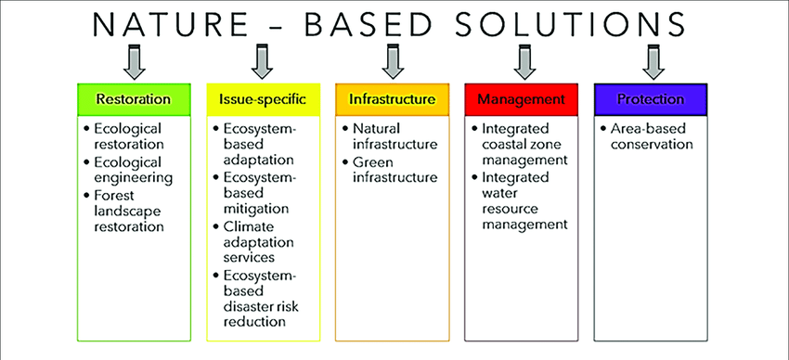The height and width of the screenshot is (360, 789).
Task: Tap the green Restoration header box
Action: [134, 99]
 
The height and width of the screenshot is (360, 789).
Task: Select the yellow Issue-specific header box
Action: [263, 99]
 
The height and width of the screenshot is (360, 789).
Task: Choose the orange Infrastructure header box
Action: [393, 99]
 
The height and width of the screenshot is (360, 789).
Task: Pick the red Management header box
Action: [522, 99]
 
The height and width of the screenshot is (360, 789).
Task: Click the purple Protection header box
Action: [651, 99]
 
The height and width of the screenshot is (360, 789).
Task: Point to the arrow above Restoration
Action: [134, 62]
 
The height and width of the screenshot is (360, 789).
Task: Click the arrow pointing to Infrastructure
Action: [393, 62]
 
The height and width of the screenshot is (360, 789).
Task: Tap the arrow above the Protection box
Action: [653, 62]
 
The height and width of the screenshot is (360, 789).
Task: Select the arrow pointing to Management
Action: [524, 62]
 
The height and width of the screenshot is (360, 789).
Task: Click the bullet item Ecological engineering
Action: [129, 171]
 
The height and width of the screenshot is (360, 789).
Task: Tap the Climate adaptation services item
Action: [253, 242]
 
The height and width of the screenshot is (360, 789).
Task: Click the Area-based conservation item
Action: [647, 136]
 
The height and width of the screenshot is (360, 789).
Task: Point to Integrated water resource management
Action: [521, 201]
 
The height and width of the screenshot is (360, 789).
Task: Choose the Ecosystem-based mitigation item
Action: [255, 194]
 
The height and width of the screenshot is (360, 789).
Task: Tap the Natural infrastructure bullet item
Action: [390, 136]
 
